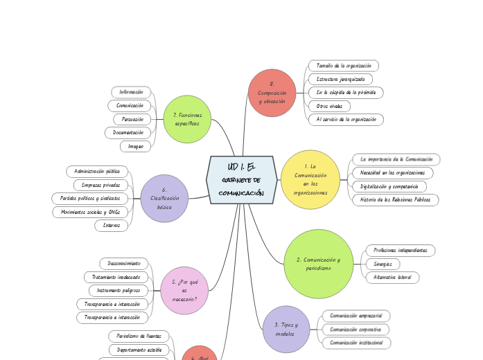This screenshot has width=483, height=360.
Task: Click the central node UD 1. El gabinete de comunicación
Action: (x=241, y=180)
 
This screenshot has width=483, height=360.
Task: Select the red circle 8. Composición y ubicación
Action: (x=272, y=93)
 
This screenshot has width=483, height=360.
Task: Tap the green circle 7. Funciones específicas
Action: (x=187, y=119)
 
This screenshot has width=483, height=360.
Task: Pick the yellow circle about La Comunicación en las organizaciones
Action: (x=310, y=179)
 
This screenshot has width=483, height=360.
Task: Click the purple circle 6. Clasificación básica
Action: (x=164, y=198)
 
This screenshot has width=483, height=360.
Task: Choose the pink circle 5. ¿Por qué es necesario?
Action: (x=184, y=290)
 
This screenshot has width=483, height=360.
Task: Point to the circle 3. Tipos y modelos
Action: (x=286, y=329)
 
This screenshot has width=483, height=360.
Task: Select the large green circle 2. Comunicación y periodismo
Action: (x=318, y=264)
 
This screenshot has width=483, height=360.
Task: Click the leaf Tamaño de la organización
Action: (x=344, y=66)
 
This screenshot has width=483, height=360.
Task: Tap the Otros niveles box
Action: (x=329, y=106)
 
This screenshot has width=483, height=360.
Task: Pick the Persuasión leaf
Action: (x=132, y=119)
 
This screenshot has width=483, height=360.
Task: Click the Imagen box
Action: (x=135, y=146)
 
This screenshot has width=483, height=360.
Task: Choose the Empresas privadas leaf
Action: (x=100, y=185)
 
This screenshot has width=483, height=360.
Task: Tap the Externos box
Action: (x=112, y=225)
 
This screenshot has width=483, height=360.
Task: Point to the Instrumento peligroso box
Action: (x=118, y=290)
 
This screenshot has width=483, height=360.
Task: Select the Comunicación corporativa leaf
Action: (x=356, y=330)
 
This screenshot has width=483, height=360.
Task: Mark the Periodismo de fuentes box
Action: (x=139, y=336)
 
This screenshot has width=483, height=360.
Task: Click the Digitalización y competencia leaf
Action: (x=389, y=186)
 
